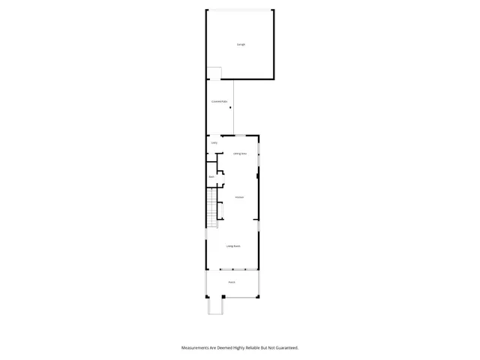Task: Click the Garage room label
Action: (241, 45)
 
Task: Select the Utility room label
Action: (214, 142)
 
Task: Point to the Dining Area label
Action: (240, 154)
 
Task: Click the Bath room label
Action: (211, 177)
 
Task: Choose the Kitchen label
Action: (239, 197)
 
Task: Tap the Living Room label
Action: (233, 246)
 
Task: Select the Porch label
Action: (232, 282)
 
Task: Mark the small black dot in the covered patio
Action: (231, 108)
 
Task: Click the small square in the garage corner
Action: (214, 73)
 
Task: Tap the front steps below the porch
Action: (214, 307)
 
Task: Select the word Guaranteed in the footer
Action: (286, 348)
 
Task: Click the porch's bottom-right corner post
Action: (258, 296)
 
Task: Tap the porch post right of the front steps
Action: (223, 297)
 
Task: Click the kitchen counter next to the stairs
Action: (220, 209)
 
